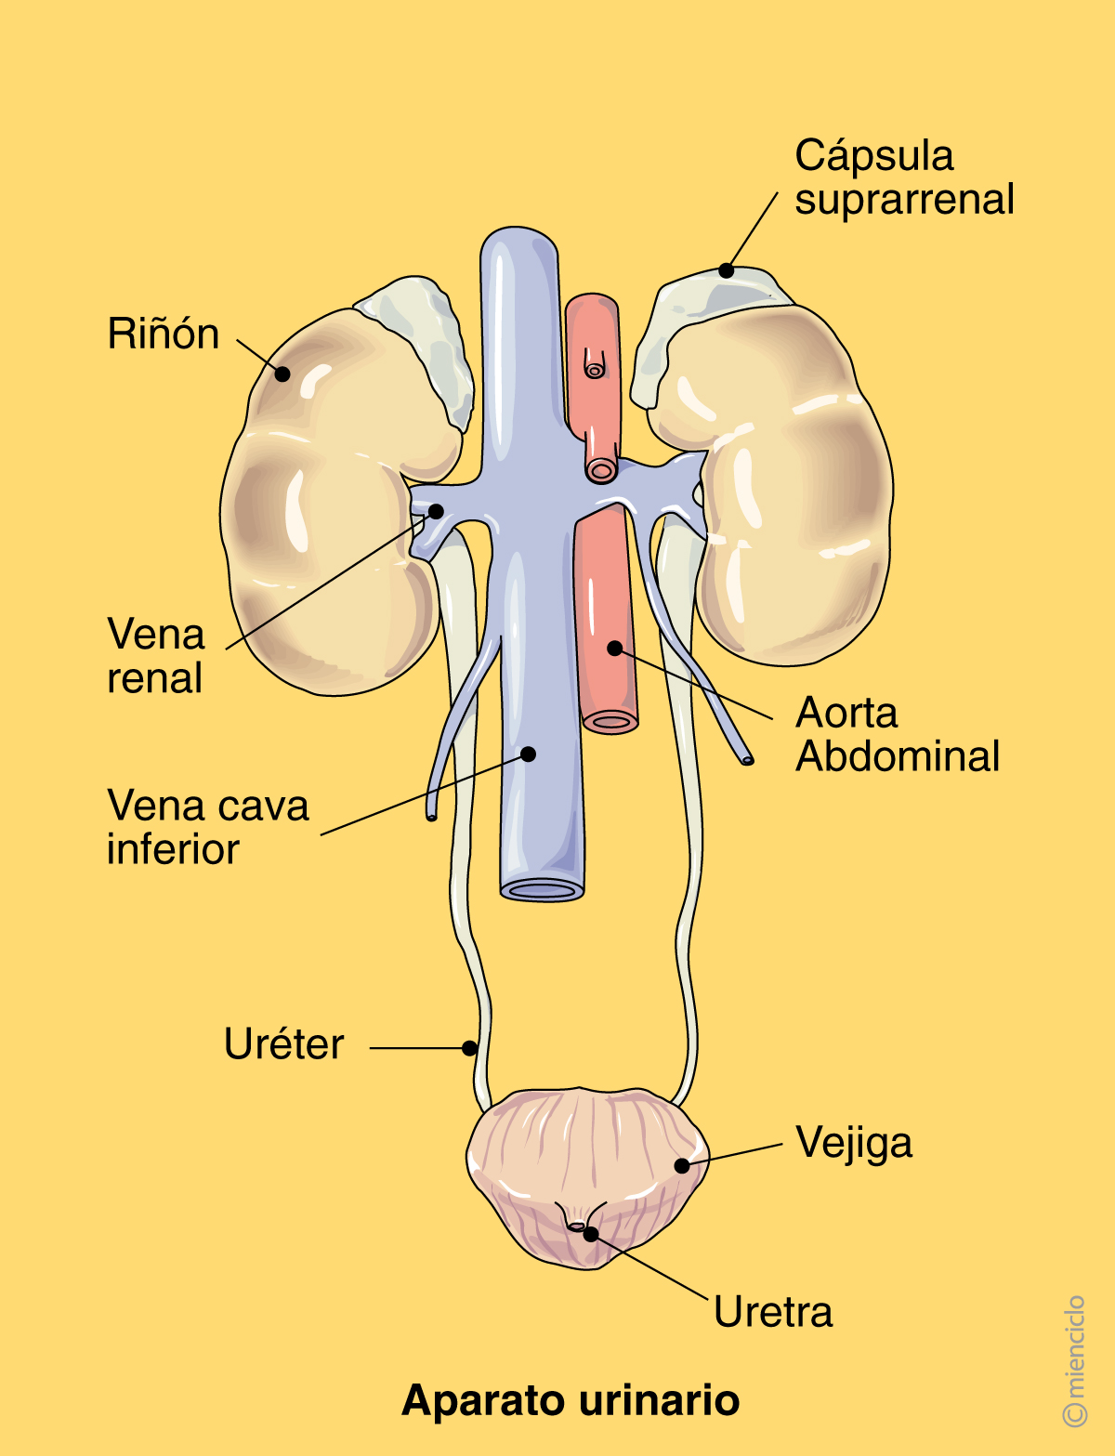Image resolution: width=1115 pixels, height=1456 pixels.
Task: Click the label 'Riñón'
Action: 164,334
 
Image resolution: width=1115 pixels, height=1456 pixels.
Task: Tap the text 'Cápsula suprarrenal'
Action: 903,177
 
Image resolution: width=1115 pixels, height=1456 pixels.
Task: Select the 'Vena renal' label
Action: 155,656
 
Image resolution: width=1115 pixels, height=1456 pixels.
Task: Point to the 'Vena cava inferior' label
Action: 206,827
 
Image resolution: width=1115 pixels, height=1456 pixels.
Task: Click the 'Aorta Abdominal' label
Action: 897,734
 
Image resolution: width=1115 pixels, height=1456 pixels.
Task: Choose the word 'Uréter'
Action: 283,1044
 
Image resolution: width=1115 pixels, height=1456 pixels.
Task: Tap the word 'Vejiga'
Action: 854,1144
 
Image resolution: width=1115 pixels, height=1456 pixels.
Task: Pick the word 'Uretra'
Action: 773,1312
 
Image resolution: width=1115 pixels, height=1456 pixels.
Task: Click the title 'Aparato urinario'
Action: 571,1400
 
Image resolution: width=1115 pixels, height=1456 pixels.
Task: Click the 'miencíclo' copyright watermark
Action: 1074,1360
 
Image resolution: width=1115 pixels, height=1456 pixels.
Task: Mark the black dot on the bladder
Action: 682,1165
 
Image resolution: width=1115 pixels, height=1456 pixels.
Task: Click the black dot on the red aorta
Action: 614,648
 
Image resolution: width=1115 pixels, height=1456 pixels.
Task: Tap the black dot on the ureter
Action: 470,1048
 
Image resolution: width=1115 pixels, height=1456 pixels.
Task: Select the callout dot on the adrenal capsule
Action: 726,270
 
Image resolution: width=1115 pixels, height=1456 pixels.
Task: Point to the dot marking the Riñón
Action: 282,374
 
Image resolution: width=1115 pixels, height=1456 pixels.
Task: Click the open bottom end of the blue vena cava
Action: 542,890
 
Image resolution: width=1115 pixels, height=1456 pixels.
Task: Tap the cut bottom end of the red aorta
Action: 610,721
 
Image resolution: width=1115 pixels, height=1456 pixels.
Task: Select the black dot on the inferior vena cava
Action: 528,754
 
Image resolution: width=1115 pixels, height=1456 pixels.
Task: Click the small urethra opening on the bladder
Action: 577,1226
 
